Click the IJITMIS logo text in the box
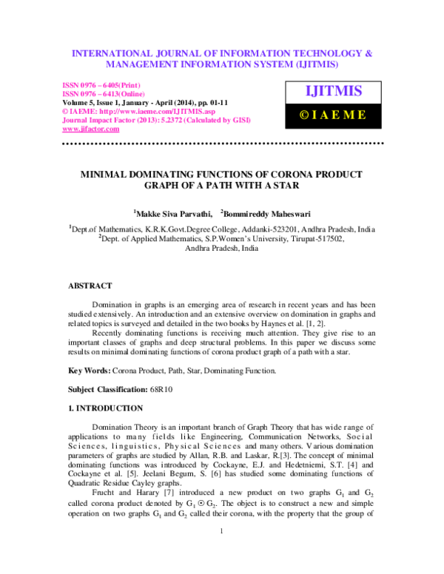pyautogui.click(x=334, y=92)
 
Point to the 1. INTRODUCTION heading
pyautogui.click(x=106, y=408)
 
